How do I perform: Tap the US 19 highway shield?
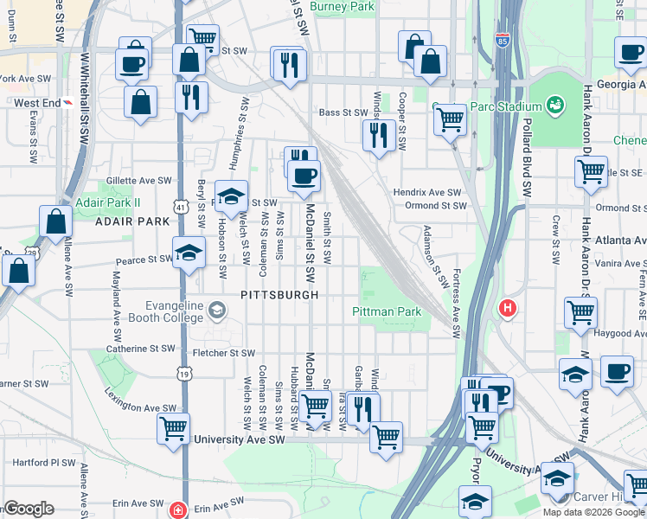pos(185,374)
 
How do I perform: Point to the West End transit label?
pos(37,103)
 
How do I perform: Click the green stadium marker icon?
pos(555,106)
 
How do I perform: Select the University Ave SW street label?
pos(240,439)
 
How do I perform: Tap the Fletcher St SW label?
pos(223,353)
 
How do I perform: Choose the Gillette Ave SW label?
pos(138,181)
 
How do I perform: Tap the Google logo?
pos(29,509)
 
